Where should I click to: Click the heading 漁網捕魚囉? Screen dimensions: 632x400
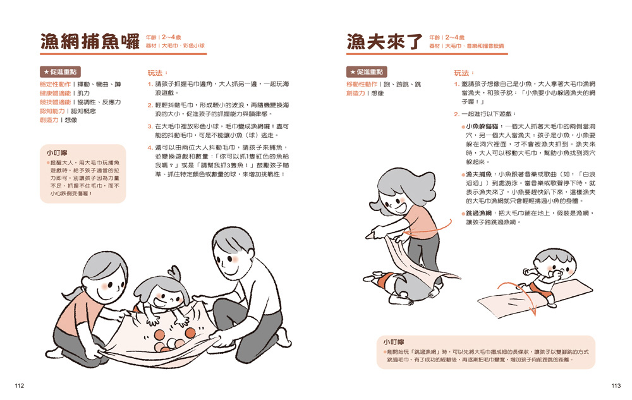tap(90, 42)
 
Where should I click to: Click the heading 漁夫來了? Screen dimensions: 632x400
tap(384, 42)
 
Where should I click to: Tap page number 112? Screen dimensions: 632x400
tap(20, 385)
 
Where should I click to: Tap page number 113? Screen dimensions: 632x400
tap(616, 385)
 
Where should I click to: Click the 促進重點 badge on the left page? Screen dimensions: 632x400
tap(60, 71)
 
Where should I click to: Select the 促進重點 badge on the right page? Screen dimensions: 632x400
tap(367, 71)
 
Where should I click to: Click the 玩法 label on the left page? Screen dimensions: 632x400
tap(157, 73)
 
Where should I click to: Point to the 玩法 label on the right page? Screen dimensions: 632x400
tap(463, 73)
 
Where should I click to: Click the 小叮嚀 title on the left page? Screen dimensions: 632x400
tap(56, 153)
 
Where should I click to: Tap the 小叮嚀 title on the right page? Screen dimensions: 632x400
tap(393, 342)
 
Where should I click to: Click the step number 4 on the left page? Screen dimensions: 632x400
tap(150, 147)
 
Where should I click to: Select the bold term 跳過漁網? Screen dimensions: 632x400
tap(479, 213)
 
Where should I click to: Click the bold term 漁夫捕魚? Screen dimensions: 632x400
tap(479, 174)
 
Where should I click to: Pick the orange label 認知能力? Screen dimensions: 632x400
tap(52, 111)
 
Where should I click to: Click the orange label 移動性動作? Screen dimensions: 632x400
tap(362, 84)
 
